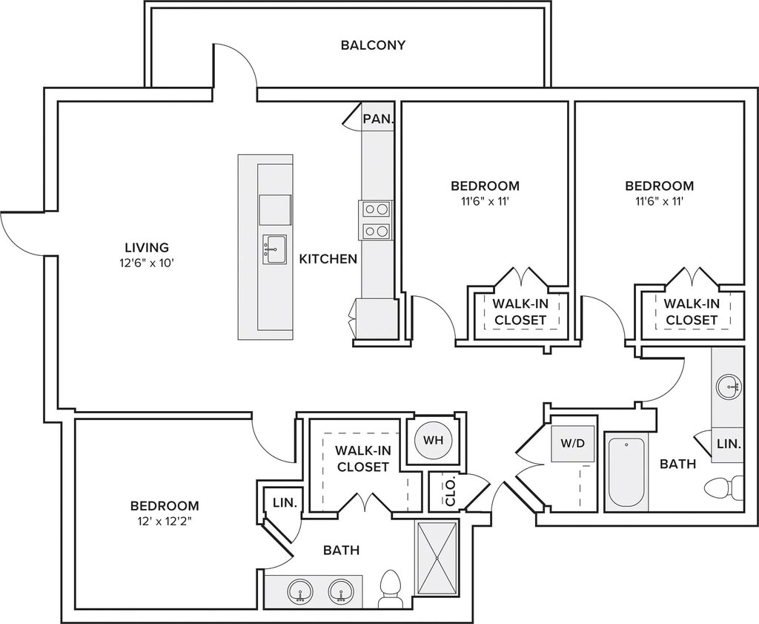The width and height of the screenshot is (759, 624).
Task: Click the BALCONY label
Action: pyautogui.click(x=373, y=45)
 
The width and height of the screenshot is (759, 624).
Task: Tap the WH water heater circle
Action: pyautogui.click(x=433, y=441)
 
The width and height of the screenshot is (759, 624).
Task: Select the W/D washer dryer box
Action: pyautogui.click(x=573, y=443)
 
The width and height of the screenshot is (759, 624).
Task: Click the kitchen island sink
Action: pyautogui.click(x=274, y=249)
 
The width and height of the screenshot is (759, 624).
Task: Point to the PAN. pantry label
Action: pyautogui.click(x=378, y=119)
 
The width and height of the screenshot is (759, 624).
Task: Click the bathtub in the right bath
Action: pyautogui.click(x=626, y=472)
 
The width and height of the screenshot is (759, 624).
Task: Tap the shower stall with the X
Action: pyautogui.click(x=437, y=558)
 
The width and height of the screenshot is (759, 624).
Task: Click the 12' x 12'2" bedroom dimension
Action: pyautogui.click(x=165, y=522)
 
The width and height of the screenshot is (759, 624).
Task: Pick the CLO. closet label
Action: pyautogui.click(x=450, y=492)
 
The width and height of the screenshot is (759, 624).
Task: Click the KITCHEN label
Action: pyautogui.click(x=328, y=259)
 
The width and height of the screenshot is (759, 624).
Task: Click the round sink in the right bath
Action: pyautogui.click(x=728, y=386)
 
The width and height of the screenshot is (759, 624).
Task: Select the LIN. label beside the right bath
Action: pyautogui.click(x=729, y=443)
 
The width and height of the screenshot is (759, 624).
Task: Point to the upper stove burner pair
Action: pyautogui.click(x=376, y=209)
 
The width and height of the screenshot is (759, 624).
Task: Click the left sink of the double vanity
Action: pyautogui.click(x=300, y=591)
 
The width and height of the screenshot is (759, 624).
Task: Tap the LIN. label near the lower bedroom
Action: pyautogui.click(x=285, y=502)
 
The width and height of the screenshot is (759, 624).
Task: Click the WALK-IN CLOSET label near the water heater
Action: pyautogui.click(x=363, y=459)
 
